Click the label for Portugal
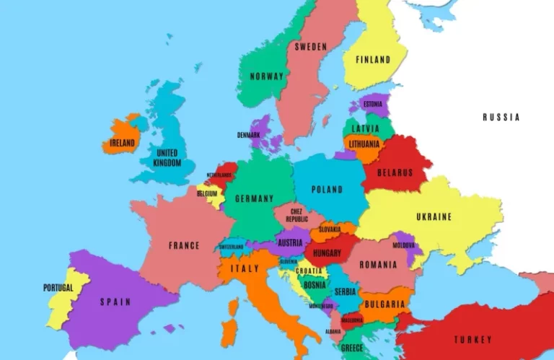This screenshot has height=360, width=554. click(58, 288)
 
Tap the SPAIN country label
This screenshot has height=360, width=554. click(115, 302)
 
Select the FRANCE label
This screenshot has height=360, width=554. click(184, 245)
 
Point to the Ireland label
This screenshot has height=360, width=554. click(122, 143)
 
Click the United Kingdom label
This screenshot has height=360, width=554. click(167, 158)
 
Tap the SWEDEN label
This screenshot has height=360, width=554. click(310, 47)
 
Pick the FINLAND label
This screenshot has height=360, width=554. click(372, 60)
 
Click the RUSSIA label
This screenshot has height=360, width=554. click(501, 117)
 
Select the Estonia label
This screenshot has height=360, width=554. click(373, 104)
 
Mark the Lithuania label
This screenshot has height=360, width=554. click(364, 144)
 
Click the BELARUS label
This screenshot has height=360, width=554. click(395, 172)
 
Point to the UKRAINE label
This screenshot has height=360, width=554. click(434, 216)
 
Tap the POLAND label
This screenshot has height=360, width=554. click(327, 190)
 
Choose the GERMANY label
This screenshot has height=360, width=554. click(254, 198)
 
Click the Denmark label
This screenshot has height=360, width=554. click(248, 135)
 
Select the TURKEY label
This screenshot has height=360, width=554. click(472, 339)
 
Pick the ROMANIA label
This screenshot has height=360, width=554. click(378, 265)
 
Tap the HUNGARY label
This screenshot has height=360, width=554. click(327, 253)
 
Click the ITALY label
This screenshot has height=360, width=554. click(244, 268)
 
